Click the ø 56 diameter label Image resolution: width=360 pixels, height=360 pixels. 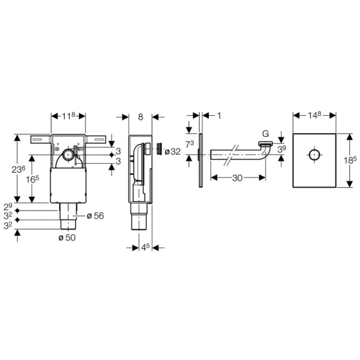click(95, 215)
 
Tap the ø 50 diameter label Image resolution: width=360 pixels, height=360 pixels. click(67, 238)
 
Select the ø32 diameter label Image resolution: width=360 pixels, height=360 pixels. click(172, 152)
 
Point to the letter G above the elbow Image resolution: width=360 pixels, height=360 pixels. click(265, 134)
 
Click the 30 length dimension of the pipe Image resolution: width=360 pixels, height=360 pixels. click(237, 178)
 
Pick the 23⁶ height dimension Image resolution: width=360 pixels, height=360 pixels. click(19, 169)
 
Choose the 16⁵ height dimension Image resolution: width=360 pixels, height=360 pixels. click(32, 179)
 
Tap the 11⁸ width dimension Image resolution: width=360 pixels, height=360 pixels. click(68, 116)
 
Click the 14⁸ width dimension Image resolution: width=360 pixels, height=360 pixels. click(314, 115)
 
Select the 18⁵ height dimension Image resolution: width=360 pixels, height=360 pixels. click(350, 160)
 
